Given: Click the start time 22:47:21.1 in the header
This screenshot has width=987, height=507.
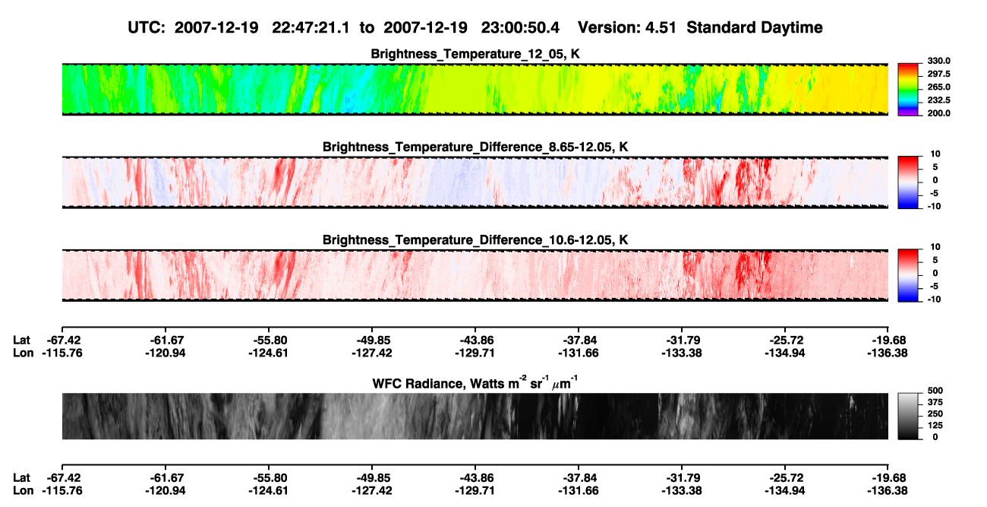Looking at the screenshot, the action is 311,27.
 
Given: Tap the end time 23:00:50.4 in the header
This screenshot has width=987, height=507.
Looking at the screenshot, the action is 520,27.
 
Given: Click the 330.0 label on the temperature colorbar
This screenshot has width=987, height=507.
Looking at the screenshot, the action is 938,61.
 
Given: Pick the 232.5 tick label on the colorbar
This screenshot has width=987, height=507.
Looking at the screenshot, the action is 938,100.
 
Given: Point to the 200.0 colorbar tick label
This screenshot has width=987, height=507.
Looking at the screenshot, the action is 938,113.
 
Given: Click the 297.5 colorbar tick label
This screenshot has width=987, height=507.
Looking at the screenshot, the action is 938,74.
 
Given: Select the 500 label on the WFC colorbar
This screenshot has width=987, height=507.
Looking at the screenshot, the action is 935,391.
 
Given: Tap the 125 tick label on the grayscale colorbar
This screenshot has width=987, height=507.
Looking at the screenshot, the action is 935,426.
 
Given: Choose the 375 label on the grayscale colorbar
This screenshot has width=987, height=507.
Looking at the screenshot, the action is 935,402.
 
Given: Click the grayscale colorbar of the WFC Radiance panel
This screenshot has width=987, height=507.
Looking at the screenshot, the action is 908,416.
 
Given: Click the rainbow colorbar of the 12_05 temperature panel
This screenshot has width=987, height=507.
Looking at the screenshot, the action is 908,90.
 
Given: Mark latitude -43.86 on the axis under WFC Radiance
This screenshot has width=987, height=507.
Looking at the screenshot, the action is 475,478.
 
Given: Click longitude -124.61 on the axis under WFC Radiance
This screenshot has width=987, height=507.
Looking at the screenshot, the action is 268,491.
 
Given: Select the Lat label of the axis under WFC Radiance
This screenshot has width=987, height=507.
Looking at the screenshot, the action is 21,478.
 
